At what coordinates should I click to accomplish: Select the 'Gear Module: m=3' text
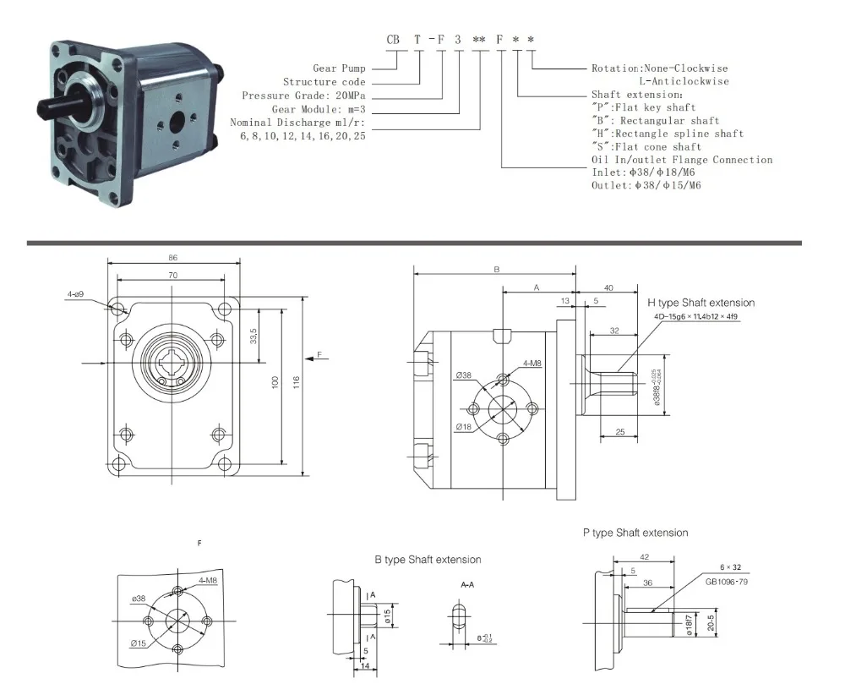(x=319, y=109)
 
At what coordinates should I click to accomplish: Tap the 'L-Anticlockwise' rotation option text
(x=683, y=81)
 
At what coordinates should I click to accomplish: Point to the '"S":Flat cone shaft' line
(x=646, y=146)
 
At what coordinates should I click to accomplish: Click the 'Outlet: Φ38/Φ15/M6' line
(x=646, y=184)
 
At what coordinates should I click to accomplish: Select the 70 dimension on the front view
(x=172, y=275)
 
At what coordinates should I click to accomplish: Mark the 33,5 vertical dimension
(x=253, y=336)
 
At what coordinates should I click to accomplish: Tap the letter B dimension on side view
(x=497, y=269)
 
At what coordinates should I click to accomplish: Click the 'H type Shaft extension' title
(x=701, y=302)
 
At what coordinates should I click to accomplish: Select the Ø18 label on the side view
(x=463, y=426)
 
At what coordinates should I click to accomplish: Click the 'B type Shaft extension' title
(x=428, y=560)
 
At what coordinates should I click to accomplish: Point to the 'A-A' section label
(x=466, y=584)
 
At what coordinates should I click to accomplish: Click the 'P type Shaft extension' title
(x=635, y=533)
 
